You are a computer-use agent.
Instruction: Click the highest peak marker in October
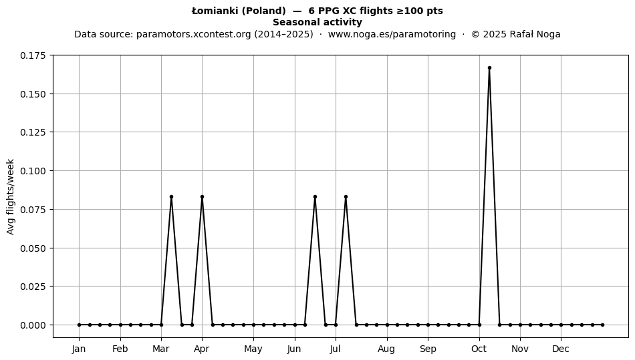click(489, 68)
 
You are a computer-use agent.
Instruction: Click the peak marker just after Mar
click(171, 196)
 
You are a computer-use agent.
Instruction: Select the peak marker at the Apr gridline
click(202, 196)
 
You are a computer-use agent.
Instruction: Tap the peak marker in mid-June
click(315, 196)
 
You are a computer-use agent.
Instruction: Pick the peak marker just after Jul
click(346, 196)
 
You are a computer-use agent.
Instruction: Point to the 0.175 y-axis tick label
click(33, 55)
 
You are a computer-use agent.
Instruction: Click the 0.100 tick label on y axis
click(33, 171)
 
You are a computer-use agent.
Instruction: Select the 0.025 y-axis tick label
click(33, 287)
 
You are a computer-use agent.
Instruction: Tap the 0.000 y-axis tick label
click(33, 325)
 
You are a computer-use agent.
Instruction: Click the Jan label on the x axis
click(79, 349)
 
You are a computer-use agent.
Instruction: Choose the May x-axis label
click(253, 349)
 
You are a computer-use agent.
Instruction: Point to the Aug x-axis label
click(386, 349)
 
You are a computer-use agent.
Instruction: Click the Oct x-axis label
click(479, 349)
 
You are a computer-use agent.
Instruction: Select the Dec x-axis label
click(561, 349)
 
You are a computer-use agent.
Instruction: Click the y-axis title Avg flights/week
click(11, 196)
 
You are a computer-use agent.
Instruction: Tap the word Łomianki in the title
click(215, 11)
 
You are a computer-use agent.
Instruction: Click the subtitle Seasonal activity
click(317, 22)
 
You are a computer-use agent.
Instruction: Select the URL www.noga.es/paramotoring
click(392, 34)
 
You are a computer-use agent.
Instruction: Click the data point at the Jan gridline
click(79, 325)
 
